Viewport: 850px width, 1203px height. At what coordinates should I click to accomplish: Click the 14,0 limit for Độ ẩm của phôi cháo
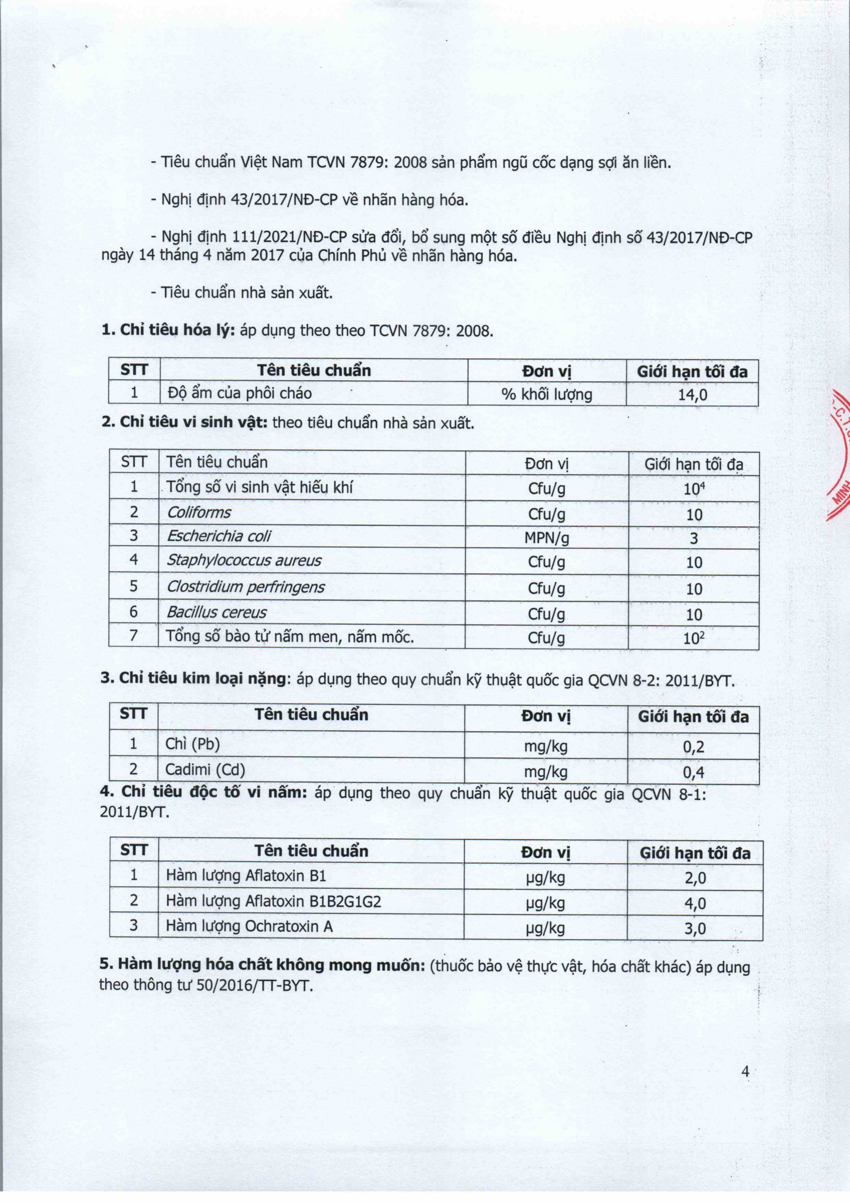(x=692, y=394)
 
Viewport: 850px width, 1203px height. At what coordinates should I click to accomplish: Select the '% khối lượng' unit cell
(x=547, y=394)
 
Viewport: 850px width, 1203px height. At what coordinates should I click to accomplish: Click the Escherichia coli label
(x=219, y=536)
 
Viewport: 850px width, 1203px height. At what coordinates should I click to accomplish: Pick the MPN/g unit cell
(x=547, y=538)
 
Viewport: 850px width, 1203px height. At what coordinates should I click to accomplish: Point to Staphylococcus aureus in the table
(x=244, y=561)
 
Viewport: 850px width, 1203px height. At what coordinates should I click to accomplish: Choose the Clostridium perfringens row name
(x=246, y=587)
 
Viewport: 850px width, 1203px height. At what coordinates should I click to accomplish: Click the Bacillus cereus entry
(x=216, y=612)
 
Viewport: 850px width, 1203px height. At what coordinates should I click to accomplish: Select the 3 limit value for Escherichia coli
(x=694, y=538)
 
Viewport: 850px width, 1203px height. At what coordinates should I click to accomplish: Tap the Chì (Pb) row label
(x=192, y=744)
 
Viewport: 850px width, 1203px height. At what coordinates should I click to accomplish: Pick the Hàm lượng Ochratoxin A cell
(x=249, y=926)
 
